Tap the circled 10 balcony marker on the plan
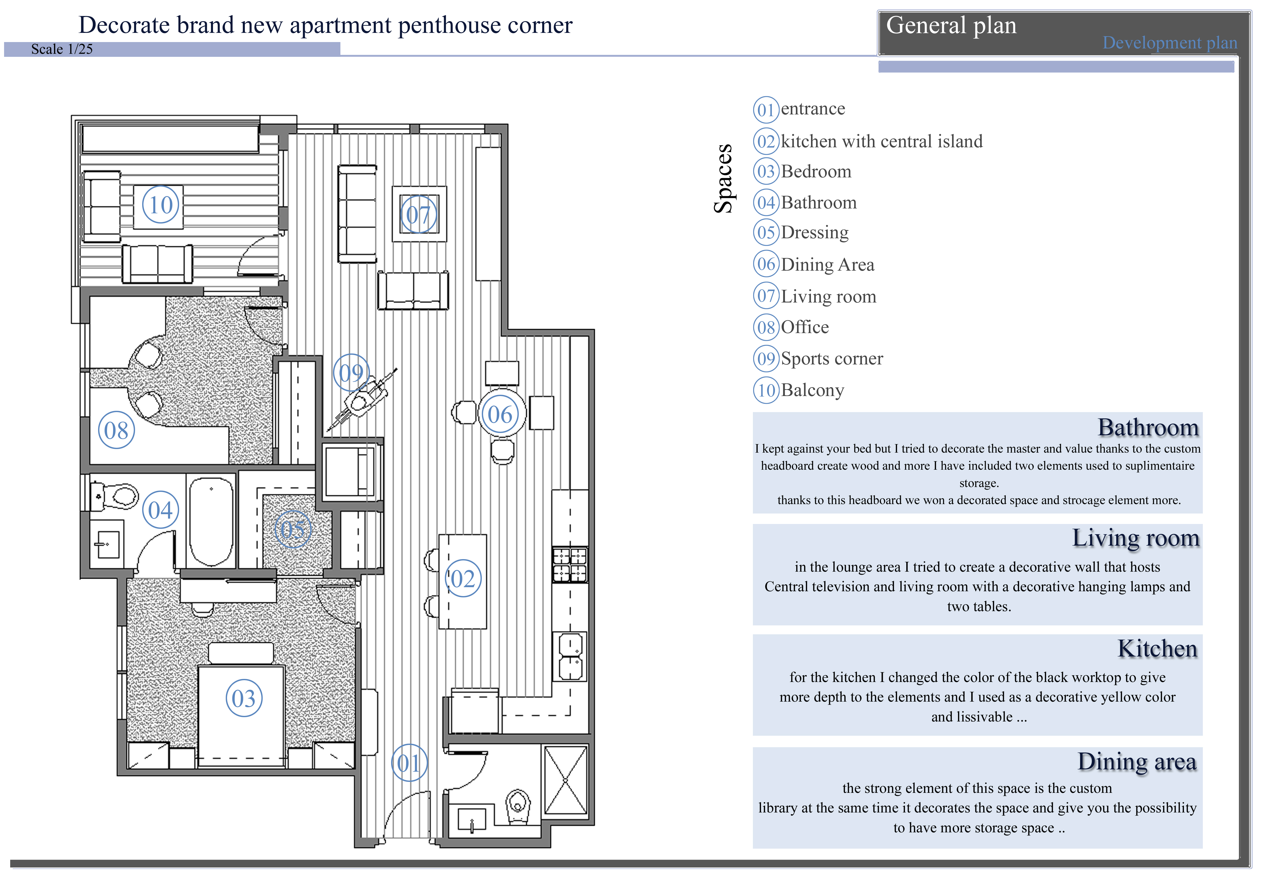pos(161,205)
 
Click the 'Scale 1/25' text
pos(62,49)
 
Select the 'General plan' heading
pos(951,25)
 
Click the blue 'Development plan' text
pos(1169,42)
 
